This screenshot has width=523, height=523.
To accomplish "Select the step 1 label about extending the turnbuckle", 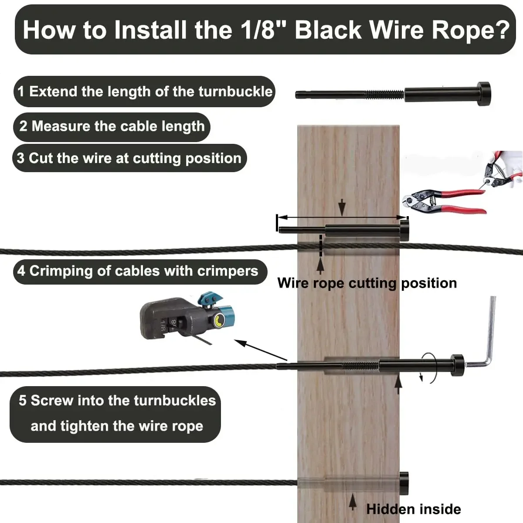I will [145, 92].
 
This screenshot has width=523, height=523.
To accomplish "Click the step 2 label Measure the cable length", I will [112, 126].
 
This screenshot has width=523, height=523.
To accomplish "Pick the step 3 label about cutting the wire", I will [129, 158].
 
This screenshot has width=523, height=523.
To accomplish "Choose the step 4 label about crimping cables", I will [138, 271].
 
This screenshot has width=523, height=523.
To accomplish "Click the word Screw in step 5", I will [51, 401].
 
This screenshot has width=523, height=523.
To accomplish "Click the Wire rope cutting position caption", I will [367, 283].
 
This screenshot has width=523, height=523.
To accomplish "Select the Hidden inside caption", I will [413, 509].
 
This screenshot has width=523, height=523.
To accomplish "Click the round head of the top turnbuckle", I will [484, 94].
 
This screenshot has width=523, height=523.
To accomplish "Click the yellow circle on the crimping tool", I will [217, 322].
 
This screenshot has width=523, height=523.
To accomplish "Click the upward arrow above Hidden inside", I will [353, 501].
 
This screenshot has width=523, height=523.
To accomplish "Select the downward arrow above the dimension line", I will [342, 207].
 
